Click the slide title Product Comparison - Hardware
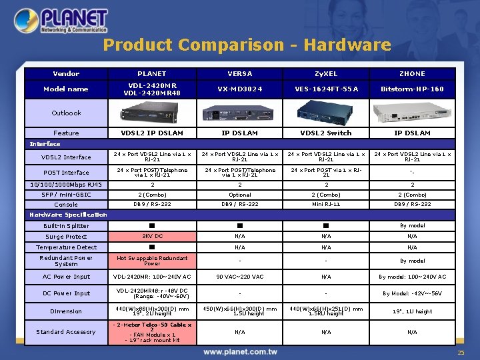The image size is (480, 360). point(247,45)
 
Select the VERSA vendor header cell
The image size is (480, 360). point(239,74)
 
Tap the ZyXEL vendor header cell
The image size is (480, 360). point(326,74)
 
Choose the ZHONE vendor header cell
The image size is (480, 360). point(412,74)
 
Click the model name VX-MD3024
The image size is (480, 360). point(239,89)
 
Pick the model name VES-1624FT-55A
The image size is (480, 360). point(326,89)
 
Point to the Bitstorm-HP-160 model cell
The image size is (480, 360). point(412,89)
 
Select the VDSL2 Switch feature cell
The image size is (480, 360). point(326,133)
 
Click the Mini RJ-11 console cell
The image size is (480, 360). point(326,205)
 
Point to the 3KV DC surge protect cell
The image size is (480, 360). point(153,237)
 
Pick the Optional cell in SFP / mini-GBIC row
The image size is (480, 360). point(239,195)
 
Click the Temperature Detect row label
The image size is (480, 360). point(66,247)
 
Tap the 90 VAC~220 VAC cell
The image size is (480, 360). point(239,277)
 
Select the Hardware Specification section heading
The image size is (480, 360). point(68,215)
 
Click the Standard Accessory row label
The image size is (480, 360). point(66,332)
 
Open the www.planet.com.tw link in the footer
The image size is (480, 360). point(240,351)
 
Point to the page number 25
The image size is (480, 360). point(461,353)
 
